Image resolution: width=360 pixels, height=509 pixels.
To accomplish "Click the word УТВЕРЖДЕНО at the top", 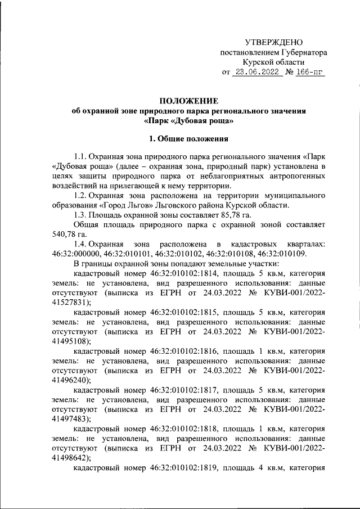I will [x=274, y=43].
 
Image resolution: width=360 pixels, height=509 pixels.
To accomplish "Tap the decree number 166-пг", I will [x=309, y=73].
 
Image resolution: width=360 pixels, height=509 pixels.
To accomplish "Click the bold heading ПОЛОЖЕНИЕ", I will [x=188, y=101].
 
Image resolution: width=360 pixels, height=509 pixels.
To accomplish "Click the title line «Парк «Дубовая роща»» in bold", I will [x=188, y=120].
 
